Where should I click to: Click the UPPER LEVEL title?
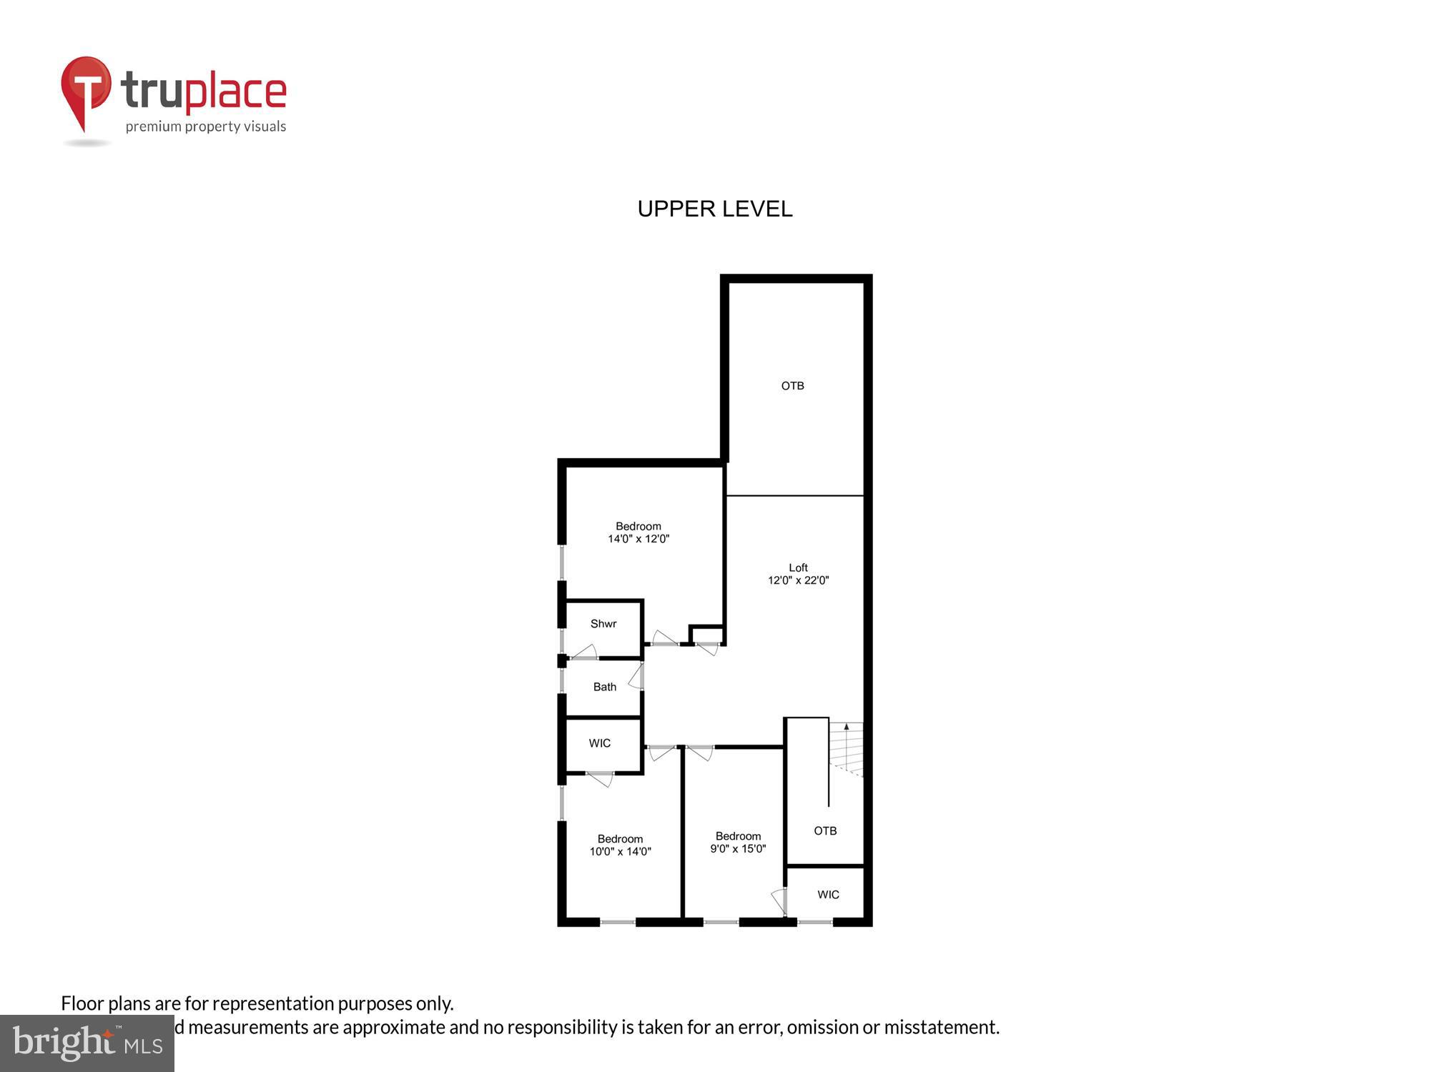(715, 209)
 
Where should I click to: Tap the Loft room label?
(798, 567)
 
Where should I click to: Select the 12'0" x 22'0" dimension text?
(798, 580)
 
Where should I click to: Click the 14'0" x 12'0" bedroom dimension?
(638, 539)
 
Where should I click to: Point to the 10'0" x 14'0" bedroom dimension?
(620, 851)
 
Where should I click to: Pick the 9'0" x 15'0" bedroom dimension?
(738, 849)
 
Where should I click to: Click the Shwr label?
(603, 624)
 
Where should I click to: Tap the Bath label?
(604, 687)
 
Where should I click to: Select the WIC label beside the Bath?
(600, 743)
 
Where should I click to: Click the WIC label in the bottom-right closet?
(828, 895)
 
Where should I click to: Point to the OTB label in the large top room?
(792, 386)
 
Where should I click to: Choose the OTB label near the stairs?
(825, 830)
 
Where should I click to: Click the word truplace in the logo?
(204, 91)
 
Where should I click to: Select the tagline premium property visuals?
(206, 127)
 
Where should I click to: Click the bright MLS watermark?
(87, 1043)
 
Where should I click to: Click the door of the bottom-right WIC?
(779, 901)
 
